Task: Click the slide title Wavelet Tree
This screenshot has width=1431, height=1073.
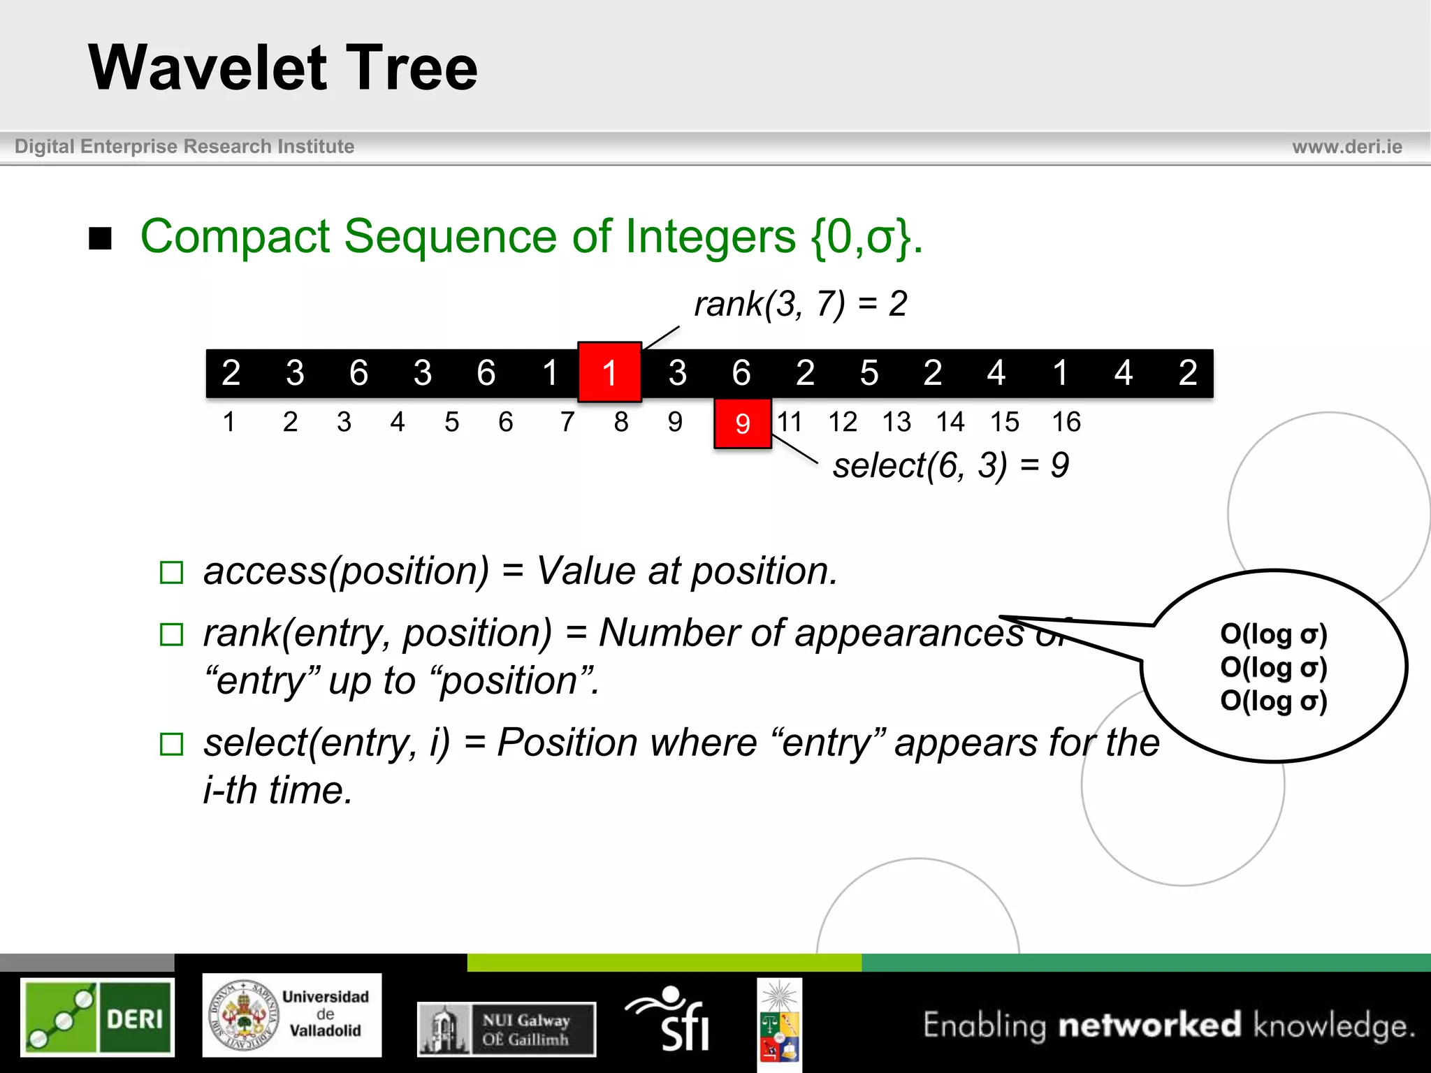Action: (283, 68)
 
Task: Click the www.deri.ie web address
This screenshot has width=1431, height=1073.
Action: (1346, 147)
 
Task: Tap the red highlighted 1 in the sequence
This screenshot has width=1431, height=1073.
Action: (609, 372)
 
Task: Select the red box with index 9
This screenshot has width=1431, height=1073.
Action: (742, 423)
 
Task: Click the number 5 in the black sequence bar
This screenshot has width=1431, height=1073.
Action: (869, 373)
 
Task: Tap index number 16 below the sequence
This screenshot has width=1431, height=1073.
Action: (1066, 422)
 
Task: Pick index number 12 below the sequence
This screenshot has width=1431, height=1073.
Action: (842, 422)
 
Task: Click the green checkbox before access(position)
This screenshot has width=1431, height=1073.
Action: (171, 573)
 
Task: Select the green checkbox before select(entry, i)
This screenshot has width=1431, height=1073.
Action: (171, 744)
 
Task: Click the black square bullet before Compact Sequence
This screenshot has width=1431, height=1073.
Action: (101, 238)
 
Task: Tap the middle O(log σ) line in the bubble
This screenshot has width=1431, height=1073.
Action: (1273, 668)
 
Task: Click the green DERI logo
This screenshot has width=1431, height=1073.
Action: (97, 1016)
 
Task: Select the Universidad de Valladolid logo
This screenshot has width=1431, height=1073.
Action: (292, 1015)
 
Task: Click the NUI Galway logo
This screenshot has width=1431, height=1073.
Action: (507, 1029)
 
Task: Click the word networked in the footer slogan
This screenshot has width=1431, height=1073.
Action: (1149, 1025)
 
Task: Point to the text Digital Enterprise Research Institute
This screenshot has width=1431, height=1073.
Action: (184, 147)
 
